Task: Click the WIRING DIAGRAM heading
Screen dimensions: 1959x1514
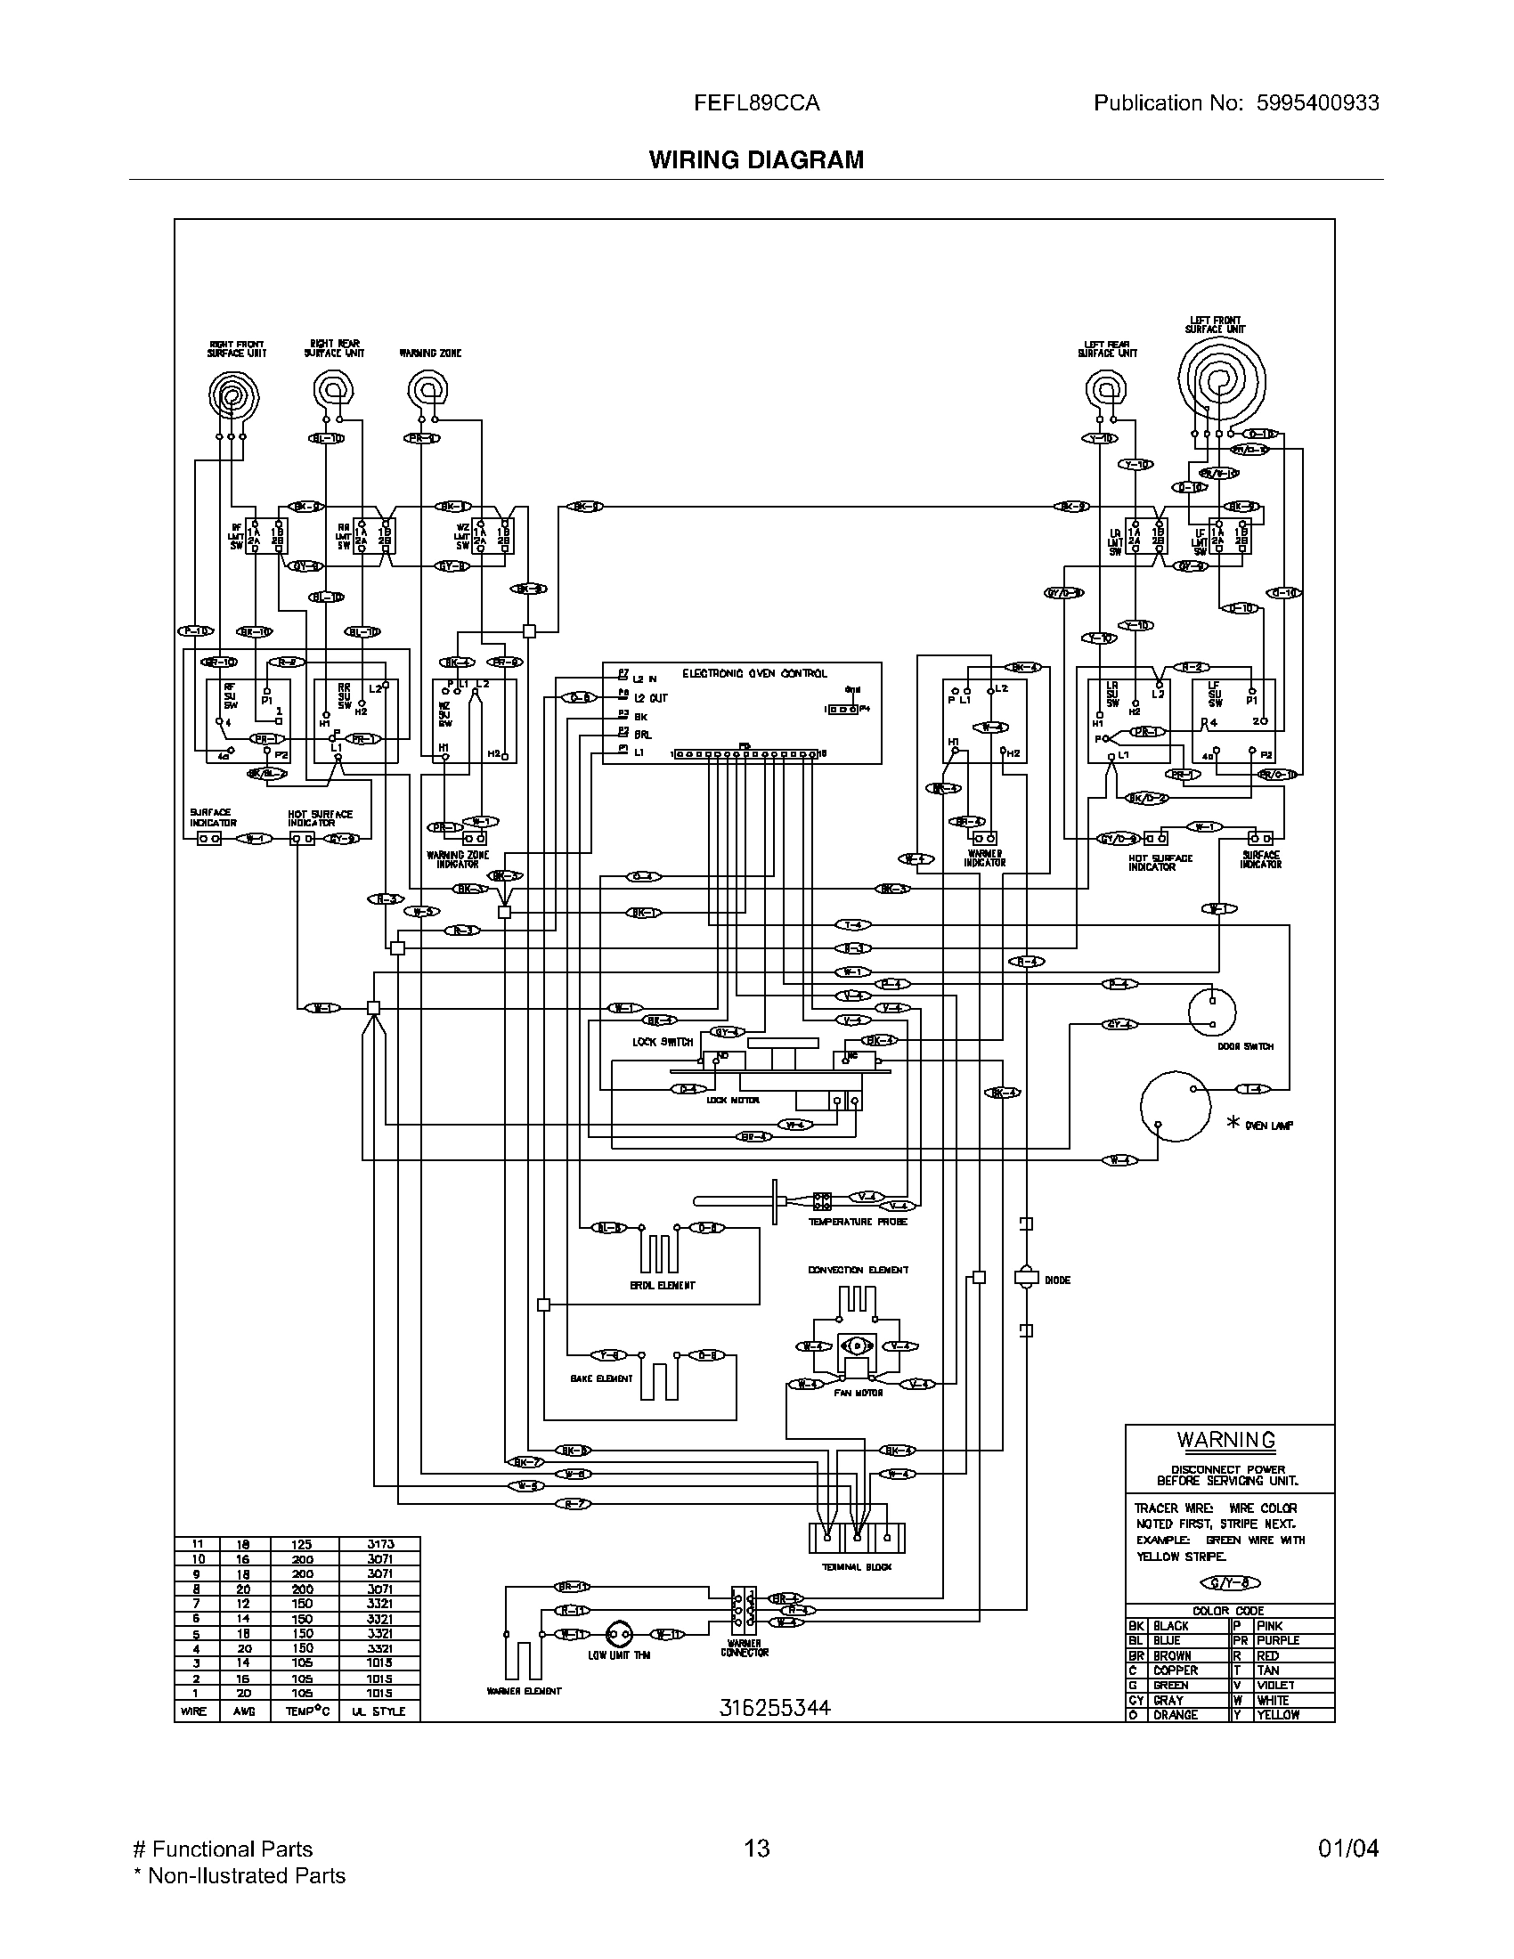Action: tap(756, 159)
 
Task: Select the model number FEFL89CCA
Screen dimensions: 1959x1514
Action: tap(756, 103)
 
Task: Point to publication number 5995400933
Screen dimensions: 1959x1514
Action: tap(1316, 103)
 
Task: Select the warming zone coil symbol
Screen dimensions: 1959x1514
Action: tap(427, 389)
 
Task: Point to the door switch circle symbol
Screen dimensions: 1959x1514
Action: tap(1212, 1012)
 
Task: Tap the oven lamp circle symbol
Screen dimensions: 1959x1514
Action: tap(1175, 1106)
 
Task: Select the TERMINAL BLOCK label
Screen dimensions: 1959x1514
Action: tap(857, 1567)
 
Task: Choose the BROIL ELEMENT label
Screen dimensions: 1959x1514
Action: tap(662, 1285)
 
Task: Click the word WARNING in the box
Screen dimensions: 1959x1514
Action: tap(1226, 1440)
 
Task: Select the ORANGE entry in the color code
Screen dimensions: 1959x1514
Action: tap(1175, 1714)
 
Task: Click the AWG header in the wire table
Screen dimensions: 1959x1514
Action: tap(243, 1711)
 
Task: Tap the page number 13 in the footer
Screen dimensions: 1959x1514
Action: tap(756, 1848)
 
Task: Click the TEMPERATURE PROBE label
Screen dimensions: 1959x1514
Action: tap(858, 1222)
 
